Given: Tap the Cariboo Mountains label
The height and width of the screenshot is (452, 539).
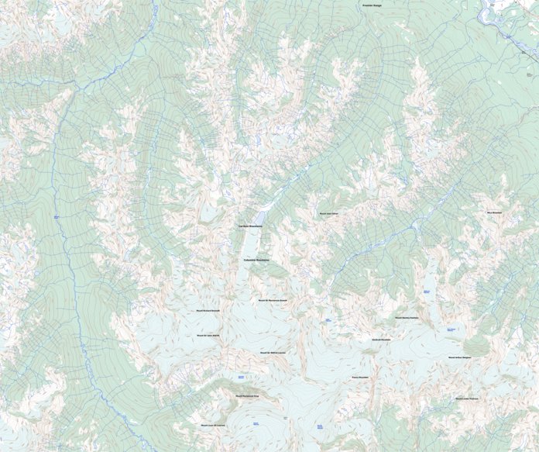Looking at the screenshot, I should pyautogui.click(x=250, y=226).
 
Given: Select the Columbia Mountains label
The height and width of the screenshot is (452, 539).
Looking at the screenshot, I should pyautogui.click(x=252, y=261).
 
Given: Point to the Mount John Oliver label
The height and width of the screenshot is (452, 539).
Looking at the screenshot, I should pyautogui.click(x=329, y=212).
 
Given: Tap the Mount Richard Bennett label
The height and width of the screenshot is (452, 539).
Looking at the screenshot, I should pyautogui.click(x=208, y=311).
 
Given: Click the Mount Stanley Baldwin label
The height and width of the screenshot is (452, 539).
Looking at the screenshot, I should pyautogui.click(x=406, y=317).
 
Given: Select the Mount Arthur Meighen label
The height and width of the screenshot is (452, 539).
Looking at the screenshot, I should pyautogui.click(x=459, y=357).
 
